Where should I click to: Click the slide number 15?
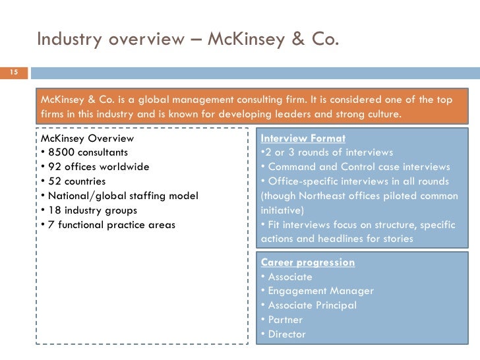tap(13, 72)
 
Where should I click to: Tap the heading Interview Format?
tap(303, 138)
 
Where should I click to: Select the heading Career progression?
tap(308, 262)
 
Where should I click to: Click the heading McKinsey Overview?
tap(87, 138)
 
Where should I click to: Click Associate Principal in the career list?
tap(312, 305)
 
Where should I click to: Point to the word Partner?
tap(285, 320)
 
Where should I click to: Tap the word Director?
tap(287, 334)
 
